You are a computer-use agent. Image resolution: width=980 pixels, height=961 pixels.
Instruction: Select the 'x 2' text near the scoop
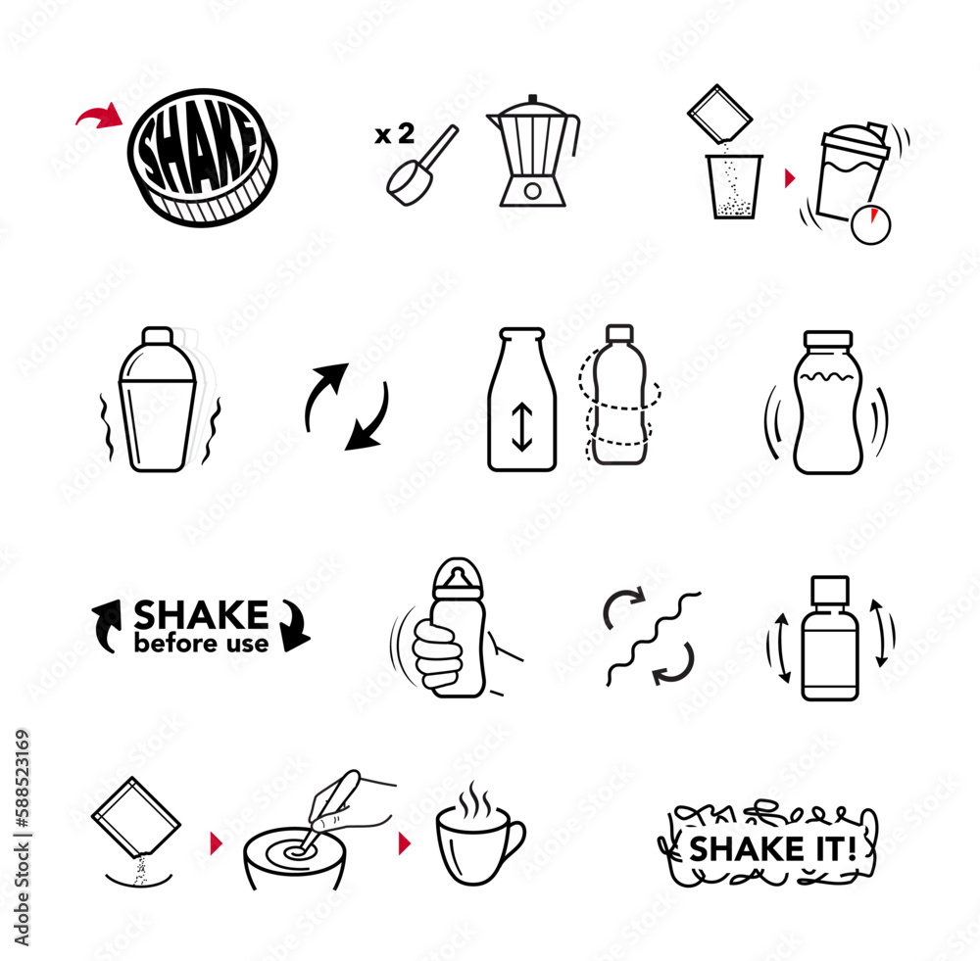coord(394,135)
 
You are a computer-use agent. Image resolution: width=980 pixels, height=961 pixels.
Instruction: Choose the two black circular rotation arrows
coord(346,407)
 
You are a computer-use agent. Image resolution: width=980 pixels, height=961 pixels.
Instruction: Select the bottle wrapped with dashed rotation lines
coord(618,396)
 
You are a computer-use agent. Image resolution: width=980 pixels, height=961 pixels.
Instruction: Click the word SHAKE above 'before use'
coord(201,615)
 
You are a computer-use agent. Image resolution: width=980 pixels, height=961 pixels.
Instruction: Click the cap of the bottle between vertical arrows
coord(829,591)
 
